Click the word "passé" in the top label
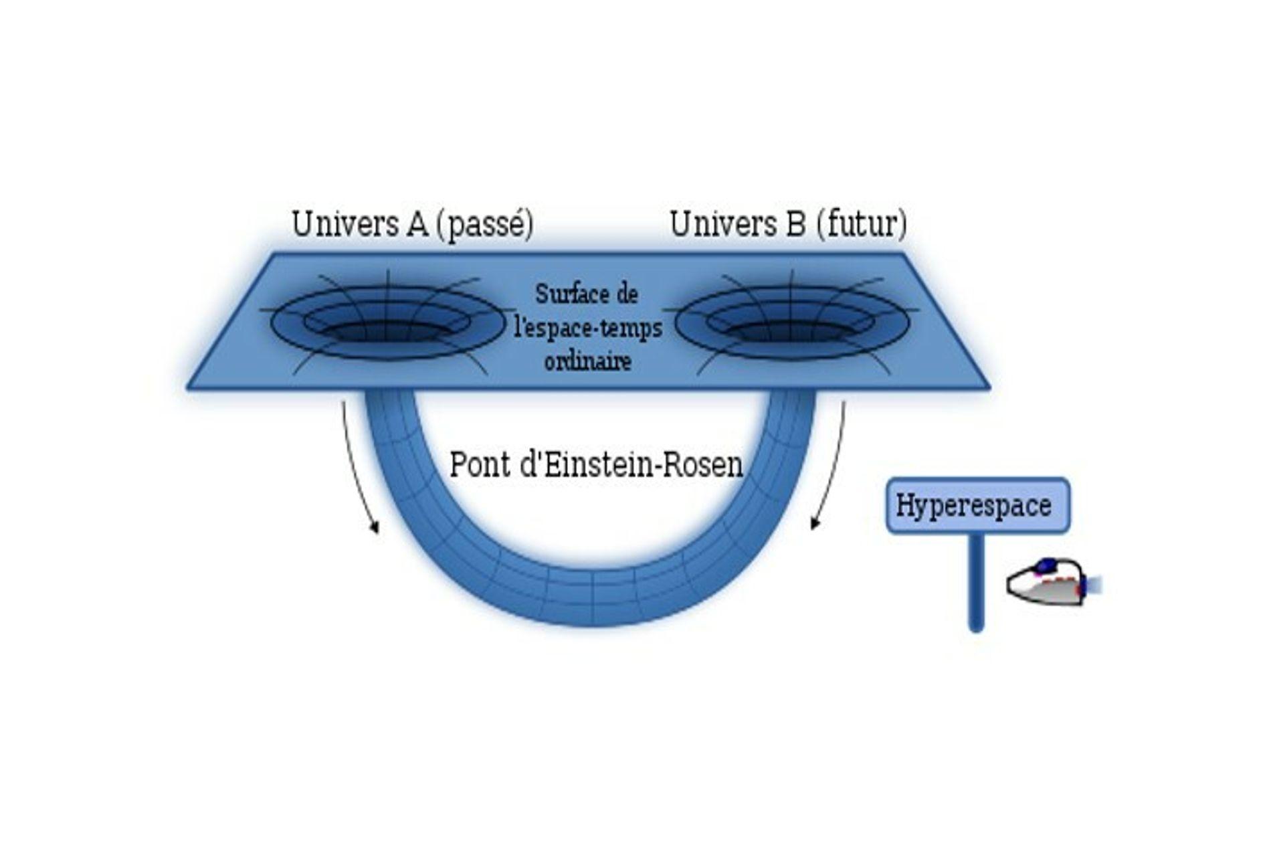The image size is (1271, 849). coord(484,225)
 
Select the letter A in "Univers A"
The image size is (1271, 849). coord(416,225)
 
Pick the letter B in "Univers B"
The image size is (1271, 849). coord(795,225)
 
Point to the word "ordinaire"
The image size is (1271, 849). coord(587,362)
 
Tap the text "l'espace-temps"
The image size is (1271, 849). coord(587,328)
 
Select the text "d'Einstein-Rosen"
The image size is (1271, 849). coord(631,464)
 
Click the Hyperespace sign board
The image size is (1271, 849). coord(977,506)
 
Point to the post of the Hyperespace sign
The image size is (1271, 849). coord(976,582)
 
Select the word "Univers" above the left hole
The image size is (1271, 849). coord(345,225)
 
